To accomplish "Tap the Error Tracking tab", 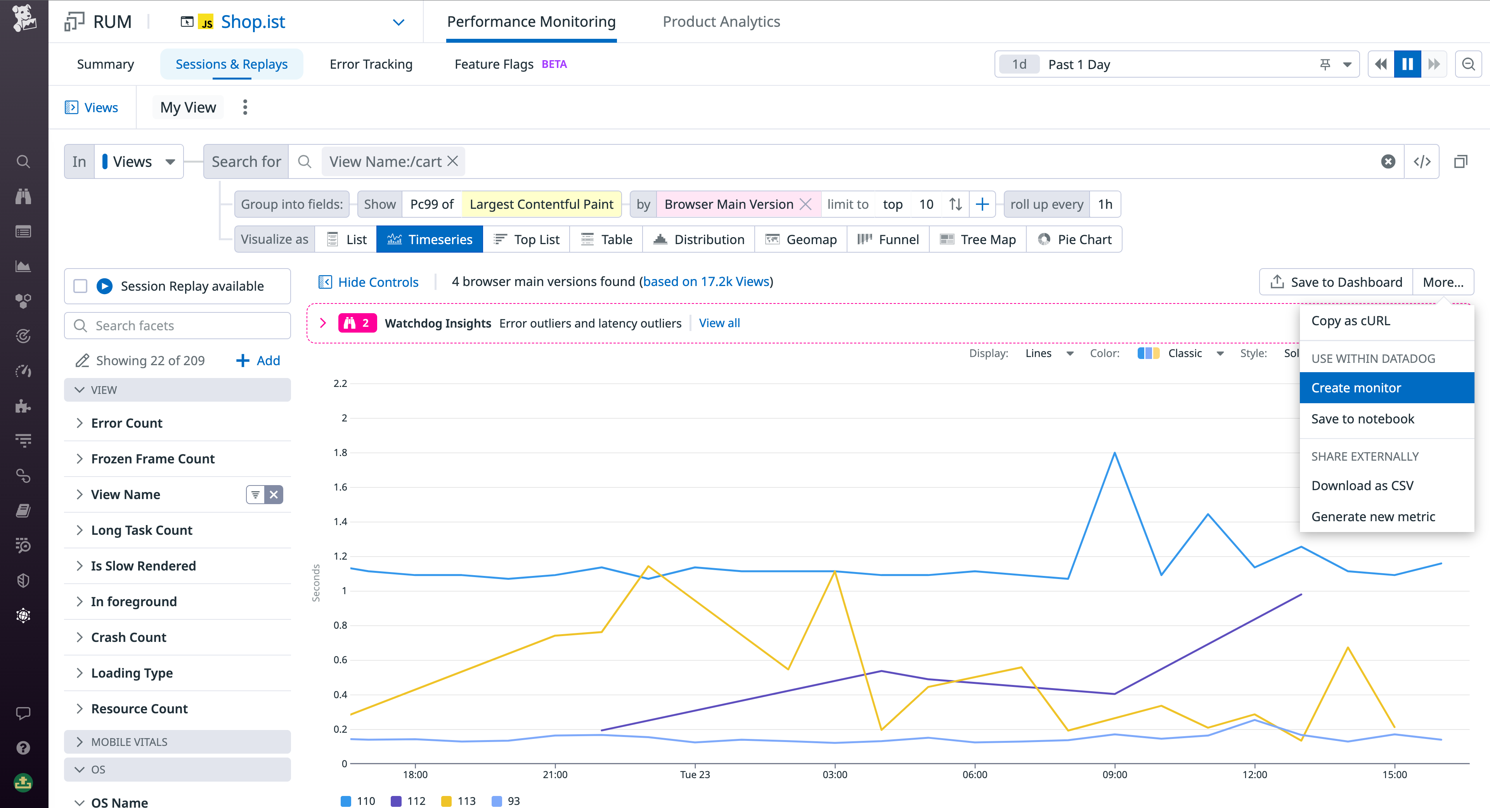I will (371, 64).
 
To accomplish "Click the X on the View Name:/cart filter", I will (453, 161).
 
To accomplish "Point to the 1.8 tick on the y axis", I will (341, 452).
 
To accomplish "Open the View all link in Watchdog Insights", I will (719, 323).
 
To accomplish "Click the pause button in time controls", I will (1407, 64).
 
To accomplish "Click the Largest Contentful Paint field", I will (541, 204).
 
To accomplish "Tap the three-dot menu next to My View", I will (245, 107).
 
